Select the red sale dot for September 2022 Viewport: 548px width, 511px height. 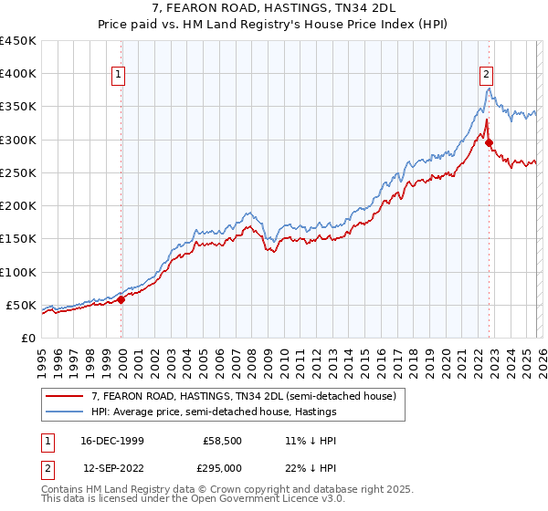coord(489,142)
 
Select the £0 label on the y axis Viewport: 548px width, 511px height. coord(28,338)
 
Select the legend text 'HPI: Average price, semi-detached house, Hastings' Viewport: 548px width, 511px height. coord(214,412)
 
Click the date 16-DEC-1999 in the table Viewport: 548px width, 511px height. coord(111,440)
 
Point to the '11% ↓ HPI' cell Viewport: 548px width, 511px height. coord(311,440)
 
